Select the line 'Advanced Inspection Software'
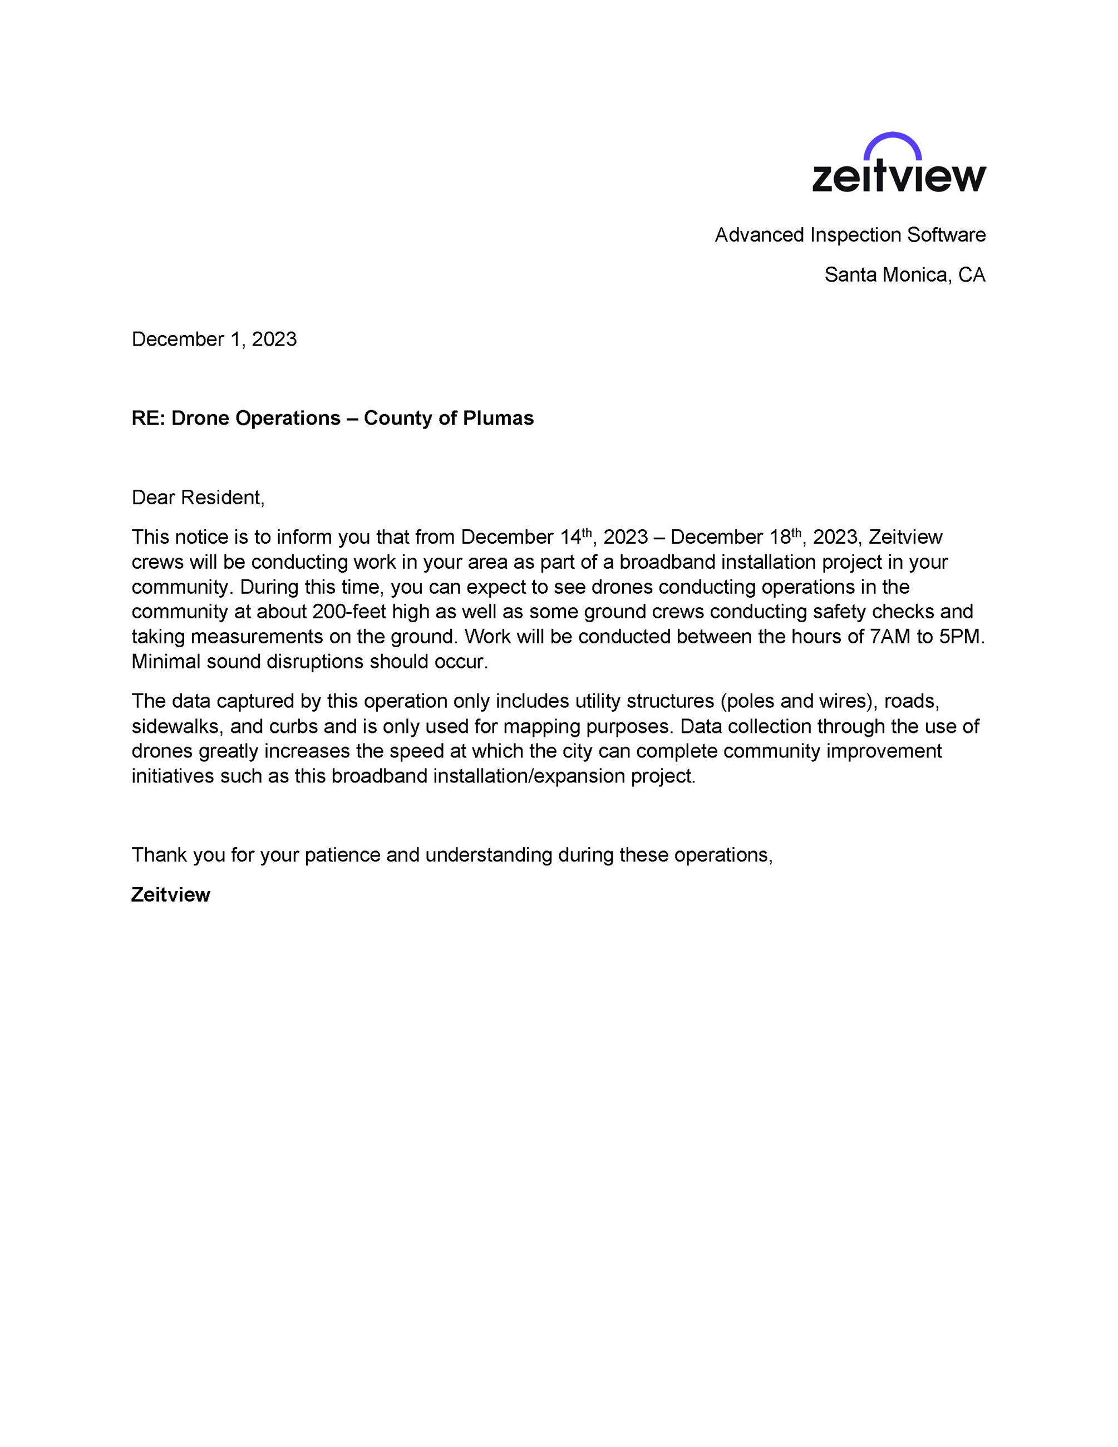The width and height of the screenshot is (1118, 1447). (x=850, y=235)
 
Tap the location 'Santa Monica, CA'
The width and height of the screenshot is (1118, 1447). (x=904, y=275)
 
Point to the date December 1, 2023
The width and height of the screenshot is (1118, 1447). (x=214, y=339)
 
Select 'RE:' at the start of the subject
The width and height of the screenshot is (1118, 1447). (x=149, y=419)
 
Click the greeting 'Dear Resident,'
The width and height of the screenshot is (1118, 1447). (x=198, y=498)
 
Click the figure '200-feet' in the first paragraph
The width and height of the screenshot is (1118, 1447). (x=349, y=612)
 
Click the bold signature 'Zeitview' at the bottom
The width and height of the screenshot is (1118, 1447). (x=171, y=895)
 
